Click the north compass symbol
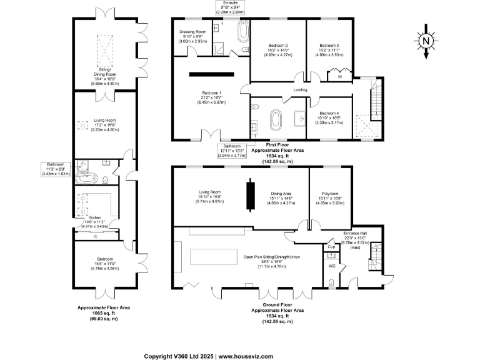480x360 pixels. point(426,42)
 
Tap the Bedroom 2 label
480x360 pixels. point(278,45)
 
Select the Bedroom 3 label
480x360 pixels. point(329,45)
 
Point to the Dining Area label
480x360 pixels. point(281,194)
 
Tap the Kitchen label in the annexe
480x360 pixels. point(94,218)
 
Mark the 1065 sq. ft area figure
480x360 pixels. point(104,314)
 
